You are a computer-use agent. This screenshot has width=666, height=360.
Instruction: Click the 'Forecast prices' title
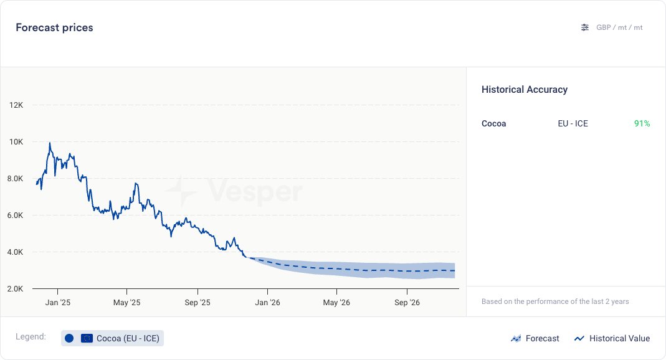click(x=54, y=28)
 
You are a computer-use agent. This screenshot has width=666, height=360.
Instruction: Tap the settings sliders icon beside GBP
click(x=584, y=27)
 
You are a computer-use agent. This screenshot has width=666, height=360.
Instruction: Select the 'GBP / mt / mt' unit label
click(x=619, y=27)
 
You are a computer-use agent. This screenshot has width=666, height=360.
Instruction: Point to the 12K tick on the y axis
click(x=16, y=105)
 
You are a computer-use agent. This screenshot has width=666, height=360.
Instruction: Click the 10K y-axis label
click(x=16, y=142)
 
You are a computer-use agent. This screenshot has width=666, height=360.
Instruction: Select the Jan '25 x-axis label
click(x=57, y=303)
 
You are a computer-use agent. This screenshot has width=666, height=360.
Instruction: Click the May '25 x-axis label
click(x=127, y=303)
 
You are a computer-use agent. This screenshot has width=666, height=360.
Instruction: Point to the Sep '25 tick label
click(x=197, y=303)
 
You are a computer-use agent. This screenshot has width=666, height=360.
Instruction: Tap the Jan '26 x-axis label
click(x=267, y=303)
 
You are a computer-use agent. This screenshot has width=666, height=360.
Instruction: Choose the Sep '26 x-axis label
click(x=407, y=303)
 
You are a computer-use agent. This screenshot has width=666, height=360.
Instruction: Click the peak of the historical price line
click(x=50, y=143)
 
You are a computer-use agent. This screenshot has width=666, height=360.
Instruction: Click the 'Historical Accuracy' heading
click(x=525, y=90)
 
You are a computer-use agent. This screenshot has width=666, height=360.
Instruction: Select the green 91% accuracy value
click(x=642, y=123)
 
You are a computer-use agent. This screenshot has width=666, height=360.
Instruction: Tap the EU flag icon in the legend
click(x=87, y=338)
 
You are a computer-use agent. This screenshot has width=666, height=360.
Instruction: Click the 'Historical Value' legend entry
click(x=612, y=338)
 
